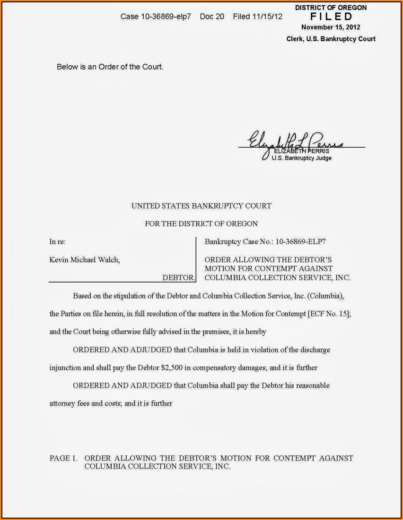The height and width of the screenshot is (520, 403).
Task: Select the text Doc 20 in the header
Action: tap(212, 17)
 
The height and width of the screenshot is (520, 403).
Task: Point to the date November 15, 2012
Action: tap(331, 27)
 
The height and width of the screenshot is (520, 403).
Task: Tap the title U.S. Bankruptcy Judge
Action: tap(301, 158)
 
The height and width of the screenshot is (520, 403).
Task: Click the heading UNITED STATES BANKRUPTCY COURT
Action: tap(201, 206)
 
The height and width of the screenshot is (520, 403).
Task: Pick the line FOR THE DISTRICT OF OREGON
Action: tap(201, 223)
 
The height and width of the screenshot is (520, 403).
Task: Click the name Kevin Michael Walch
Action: tap(85, 260)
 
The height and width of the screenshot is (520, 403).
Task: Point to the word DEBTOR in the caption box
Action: tap(178, 278)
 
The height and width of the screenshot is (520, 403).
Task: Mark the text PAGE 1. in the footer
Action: tap(63, 458)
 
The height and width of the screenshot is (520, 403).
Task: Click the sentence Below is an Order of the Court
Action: tap(110, 67)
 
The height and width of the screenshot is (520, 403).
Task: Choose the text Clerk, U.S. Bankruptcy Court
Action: tap(331, 39)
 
